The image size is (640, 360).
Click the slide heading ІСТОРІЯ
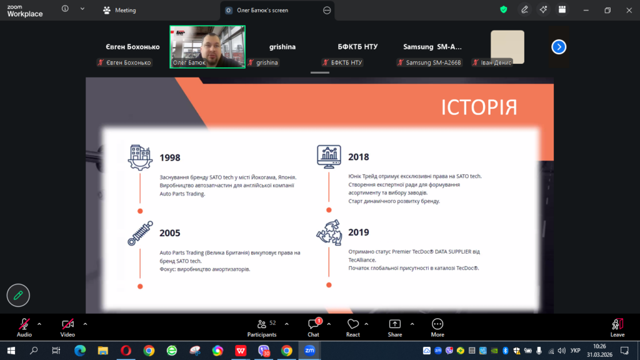click(x=479, y=107)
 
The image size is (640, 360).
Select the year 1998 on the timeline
click(x=170, y=157)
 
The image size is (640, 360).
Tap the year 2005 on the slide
click(x=170, y=233)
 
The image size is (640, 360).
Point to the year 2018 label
click(x=358, y=157)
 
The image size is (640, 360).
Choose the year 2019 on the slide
click(x=358, y=232)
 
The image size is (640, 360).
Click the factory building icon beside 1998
click(x=140, y=157)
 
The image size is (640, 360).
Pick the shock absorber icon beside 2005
click(x=140, y=233)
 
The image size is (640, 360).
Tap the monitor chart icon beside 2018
click(x=329, y=157)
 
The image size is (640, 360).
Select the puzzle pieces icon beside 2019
click(x=329, y=232)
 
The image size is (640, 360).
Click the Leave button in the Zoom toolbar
click(x=617, y=327)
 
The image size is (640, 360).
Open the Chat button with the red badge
click(x=314, y=327)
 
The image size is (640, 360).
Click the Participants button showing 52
click(x=262, y=327)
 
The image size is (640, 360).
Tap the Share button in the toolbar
click(x=395, y=327)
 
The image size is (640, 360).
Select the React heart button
click(x=353, y=327)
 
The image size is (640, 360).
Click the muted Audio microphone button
click(x=24, y=327)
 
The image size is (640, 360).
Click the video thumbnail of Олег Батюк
click(x=207, y=46)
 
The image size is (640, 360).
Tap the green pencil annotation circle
click(x=18, y=295)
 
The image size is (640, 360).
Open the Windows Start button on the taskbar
click(x=11, y=351)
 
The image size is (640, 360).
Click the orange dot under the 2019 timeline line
click(x=329, y=285)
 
